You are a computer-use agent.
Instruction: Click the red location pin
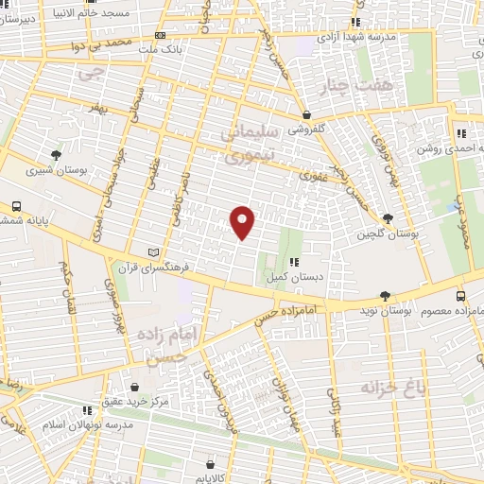244,222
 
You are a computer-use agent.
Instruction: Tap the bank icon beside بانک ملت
158,35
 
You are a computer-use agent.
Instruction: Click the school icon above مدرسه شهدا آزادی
354,22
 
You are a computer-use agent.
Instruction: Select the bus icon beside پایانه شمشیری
16,206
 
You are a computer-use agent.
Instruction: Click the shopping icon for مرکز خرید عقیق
135,387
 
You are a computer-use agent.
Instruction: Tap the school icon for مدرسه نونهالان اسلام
87,411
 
